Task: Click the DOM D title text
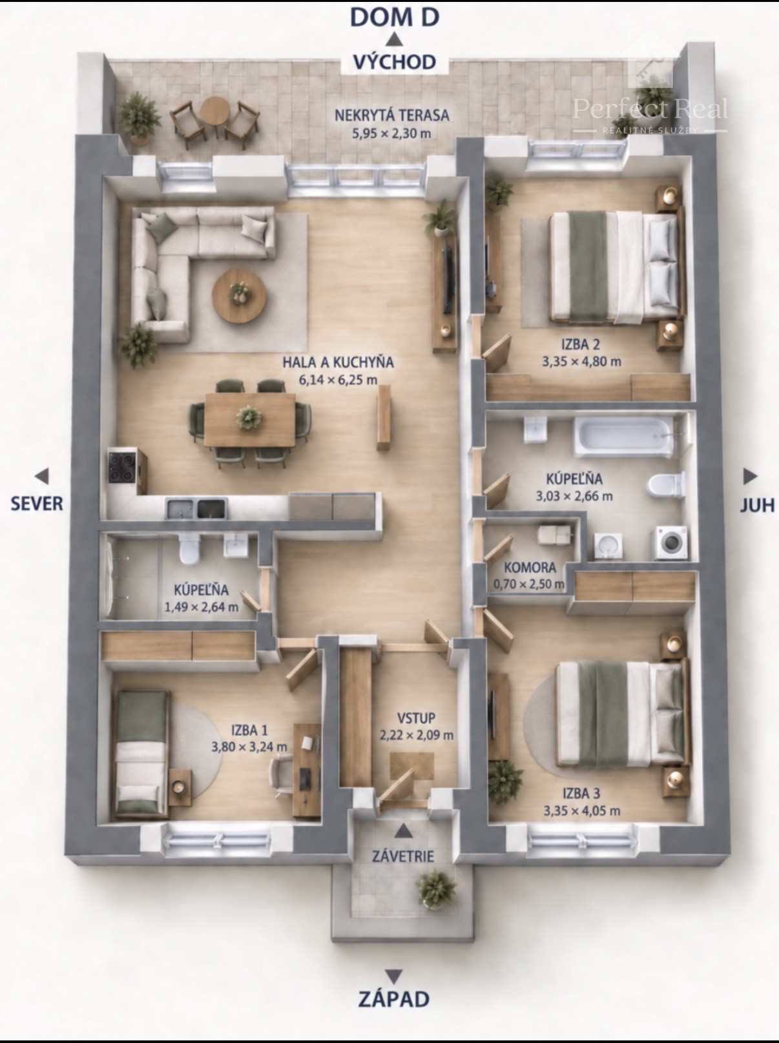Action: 395,17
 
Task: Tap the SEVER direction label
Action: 37,504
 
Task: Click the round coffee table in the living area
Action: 239,296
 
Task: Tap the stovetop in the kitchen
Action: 122,467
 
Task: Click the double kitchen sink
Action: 196,508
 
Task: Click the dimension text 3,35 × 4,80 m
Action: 581,362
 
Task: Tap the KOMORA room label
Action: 530,568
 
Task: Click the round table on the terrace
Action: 215,112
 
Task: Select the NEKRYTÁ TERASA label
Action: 391,116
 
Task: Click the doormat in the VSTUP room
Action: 412,765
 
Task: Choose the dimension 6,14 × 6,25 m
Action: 338,380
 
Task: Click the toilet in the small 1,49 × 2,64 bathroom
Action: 190,550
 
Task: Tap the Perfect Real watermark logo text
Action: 650,108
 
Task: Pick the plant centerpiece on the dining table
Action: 249,418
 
